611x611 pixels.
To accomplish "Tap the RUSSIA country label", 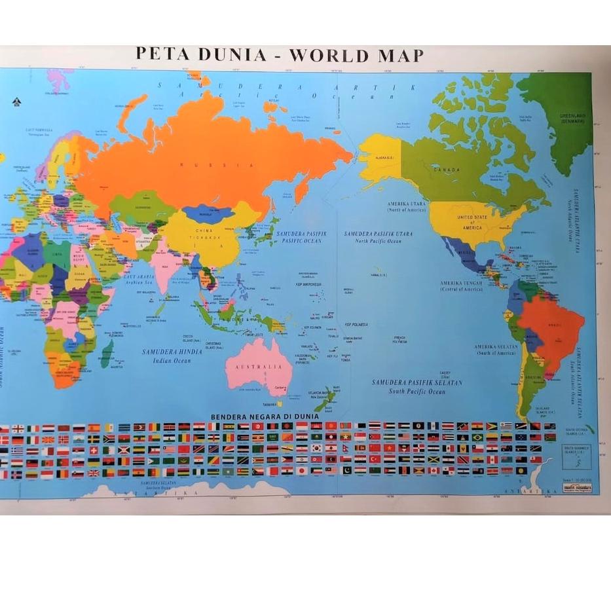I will click(x=216, y=165).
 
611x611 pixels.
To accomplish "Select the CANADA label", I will click(x=447, y=170).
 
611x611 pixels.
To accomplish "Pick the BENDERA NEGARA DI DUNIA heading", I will click(x=265, y=417).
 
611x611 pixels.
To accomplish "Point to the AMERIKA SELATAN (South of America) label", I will click(x=496, y=350).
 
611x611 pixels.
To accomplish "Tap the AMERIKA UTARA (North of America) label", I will click(x=406, y=206).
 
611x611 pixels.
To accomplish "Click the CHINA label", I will click(x=202, y=231).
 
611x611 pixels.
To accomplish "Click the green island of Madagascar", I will click(x=106, y=354).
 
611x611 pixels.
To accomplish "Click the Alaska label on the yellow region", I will click(x=384, y=158).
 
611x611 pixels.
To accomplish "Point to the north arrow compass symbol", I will click(x=16, y=102).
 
